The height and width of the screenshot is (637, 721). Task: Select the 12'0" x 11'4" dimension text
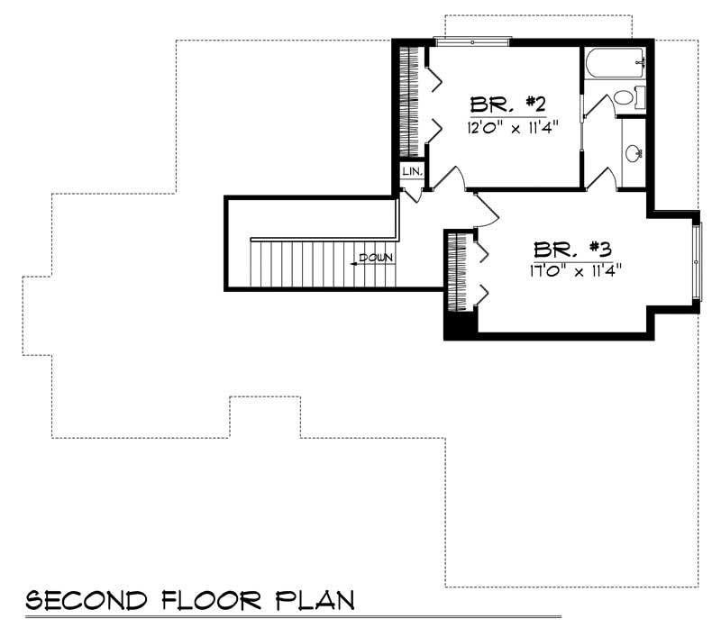pos(507,126)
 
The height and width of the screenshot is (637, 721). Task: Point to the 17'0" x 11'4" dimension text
pos(577,268)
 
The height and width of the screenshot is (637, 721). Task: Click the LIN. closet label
pos(412,171)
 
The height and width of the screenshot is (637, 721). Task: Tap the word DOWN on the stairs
pos(376,259)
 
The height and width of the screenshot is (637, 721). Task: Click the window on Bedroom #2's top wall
pos(472,40)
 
